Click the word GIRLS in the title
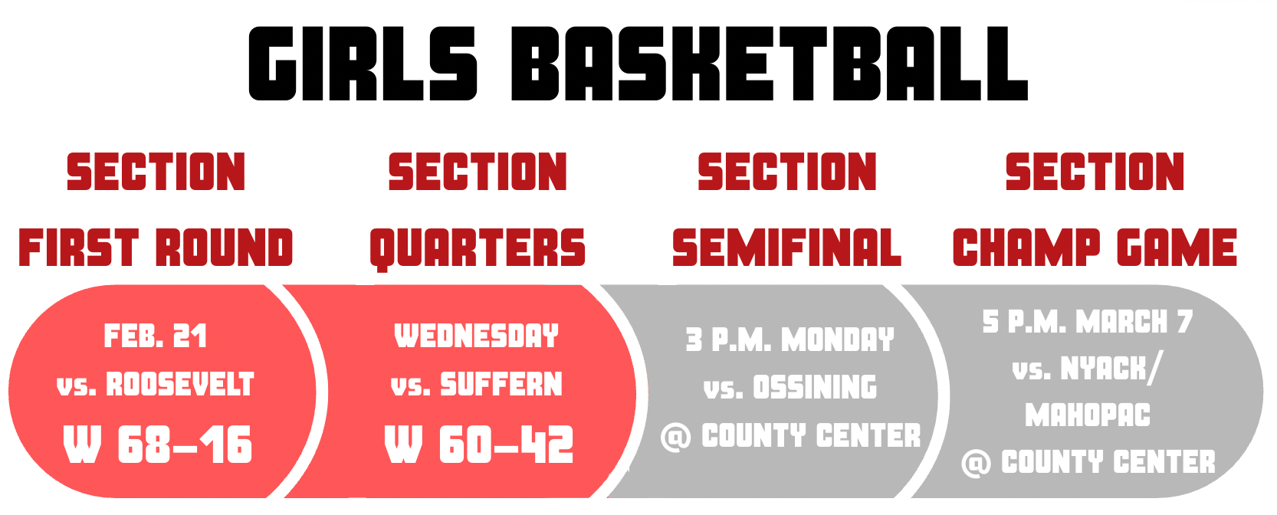coord(363,64)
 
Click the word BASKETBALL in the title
coord(769,64)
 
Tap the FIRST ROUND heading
coord(156,248)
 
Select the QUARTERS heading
coord(478,249)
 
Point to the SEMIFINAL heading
coord(786,248)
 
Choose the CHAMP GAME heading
coord(1095,248)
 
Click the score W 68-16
coord(157,445)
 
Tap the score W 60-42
coord(479,445)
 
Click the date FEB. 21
coord(155,336)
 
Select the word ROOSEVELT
coord(180,384)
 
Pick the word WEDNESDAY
coord(477,336)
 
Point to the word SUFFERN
coord(501,384)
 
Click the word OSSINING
coord(816,387)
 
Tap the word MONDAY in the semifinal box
coord(838,340)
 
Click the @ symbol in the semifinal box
coord(676,438)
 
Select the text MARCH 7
coord(1134,322)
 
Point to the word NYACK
coord(1103,369)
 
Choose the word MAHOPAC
coord(1088,415)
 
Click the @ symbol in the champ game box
coord(976,464)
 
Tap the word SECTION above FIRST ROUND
coord(156,172)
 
